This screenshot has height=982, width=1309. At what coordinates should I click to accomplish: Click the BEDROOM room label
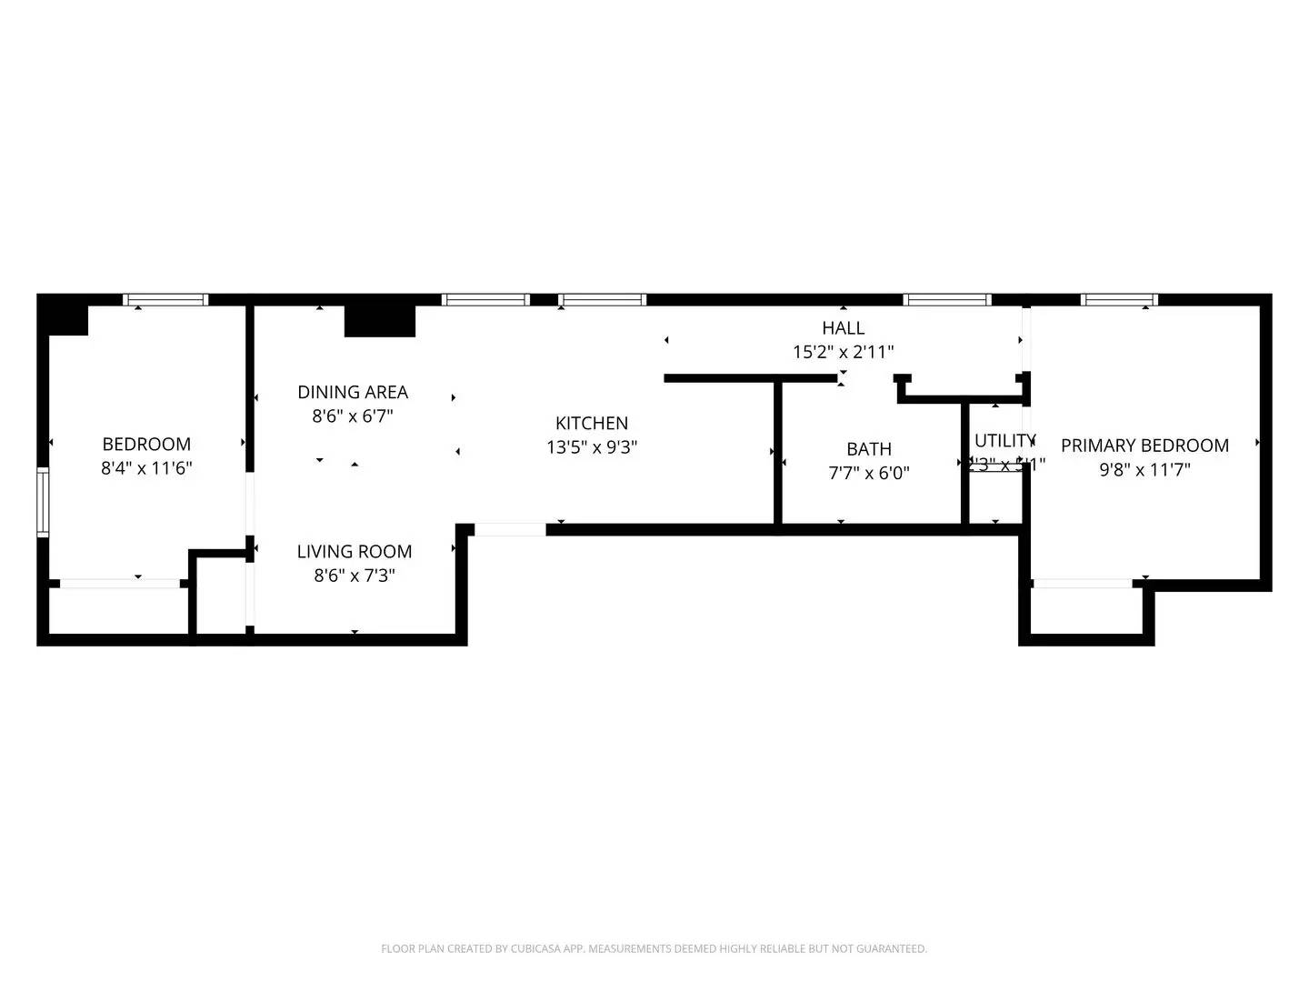click(146, 444)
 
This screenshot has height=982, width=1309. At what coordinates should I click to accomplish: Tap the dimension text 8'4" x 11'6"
click(146, 468)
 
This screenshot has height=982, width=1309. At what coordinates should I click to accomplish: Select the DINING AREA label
click(353, 392)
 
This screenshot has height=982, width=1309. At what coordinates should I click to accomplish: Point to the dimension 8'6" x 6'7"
click(353, 416)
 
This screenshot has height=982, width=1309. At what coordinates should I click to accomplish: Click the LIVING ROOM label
click(355, 551)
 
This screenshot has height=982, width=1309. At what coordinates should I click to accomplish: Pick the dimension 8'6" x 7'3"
click(355, 576)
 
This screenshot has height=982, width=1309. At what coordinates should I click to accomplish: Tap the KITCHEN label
click(592, 423)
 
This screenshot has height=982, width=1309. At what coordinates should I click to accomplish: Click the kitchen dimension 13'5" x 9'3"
click(592, 447)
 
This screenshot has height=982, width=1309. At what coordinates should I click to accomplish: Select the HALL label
click(844, 327)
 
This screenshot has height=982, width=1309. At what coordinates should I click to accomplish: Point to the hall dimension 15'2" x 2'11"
click(844, 352)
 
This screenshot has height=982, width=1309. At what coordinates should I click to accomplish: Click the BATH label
click(869, 448)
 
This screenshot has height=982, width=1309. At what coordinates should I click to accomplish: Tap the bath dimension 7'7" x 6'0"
click(869, 473)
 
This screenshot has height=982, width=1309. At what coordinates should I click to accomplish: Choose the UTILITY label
click(1004, 440)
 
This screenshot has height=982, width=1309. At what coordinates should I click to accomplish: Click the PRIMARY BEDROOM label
click(1144, 446)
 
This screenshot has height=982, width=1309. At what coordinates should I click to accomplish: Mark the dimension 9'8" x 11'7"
click(1144, 470)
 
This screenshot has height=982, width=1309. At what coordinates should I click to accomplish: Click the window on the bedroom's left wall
click(43, 501)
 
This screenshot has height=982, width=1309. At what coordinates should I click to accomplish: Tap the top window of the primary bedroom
click(1119, 300)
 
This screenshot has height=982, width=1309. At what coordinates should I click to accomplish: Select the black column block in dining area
click(380, 321)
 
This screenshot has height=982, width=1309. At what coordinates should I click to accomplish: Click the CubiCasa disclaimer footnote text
click(654, 948)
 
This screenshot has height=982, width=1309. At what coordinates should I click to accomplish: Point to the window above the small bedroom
click(165, 300)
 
